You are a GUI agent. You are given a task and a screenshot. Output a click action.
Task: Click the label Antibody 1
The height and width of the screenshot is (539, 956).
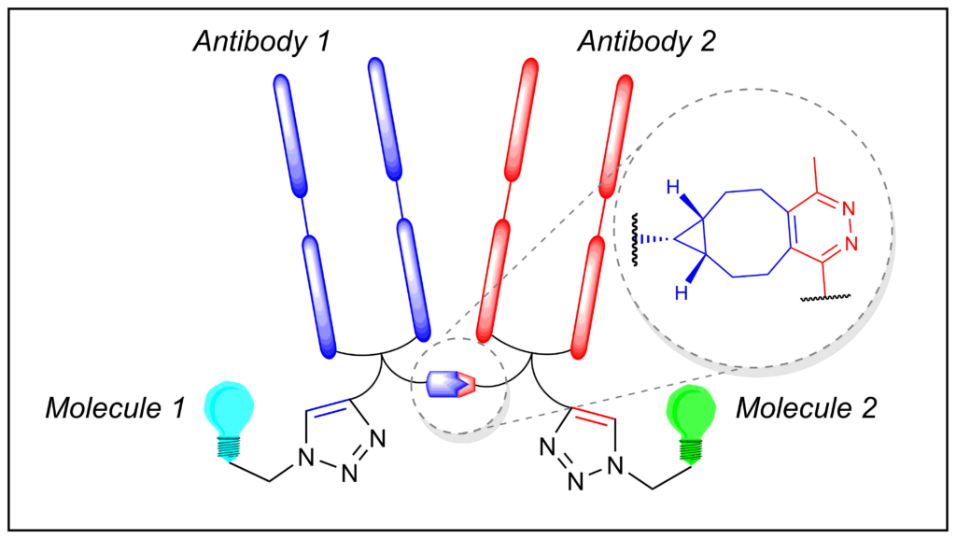point(261,42)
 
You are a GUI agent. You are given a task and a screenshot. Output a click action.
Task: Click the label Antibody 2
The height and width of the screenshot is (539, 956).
point(646,42)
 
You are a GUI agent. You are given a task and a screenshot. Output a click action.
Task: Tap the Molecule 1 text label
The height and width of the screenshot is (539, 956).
point(115,408)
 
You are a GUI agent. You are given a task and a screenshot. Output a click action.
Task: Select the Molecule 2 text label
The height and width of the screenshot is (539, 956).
point(806,408)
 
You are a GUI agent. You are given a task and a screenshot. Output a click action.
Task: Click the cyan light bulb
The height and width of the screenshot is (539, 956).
point(229,420)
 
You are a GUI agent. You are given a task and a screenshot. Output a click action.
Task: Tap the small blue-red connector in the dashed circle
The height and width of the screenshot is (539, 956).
point(451,384)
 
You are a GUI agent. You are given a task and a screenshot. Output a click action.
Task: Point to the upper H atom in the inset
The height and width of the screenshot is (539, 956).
point(673,188)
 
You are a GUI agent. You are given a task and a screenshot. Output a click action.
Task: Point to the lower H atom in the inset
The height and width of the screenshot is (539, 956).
point(682,293)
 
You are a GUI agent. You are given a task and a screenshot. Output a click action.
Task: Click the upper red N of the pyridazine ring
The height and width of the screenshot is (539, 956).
point(848,209)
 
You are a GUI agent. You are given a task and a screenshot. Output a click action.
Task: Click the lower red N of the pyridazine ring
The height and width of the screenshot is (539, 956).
point(851,244)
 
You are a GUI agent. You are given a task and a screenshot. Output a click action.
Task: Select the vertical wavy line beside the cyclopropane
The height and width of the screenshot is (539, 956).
point(635,240)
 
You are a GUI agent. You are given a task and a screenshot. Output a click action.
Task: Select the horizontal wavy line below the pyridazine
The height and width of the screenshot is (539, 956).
point(825,298)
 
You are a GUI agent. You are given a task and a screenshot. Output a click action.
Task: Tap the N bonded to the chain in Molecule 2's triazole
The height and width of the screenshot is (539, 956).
point(616,466)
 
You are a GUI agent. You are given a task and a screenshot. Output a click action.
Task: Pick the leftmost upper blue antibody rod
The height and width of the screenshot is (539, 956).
point(290,135)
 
